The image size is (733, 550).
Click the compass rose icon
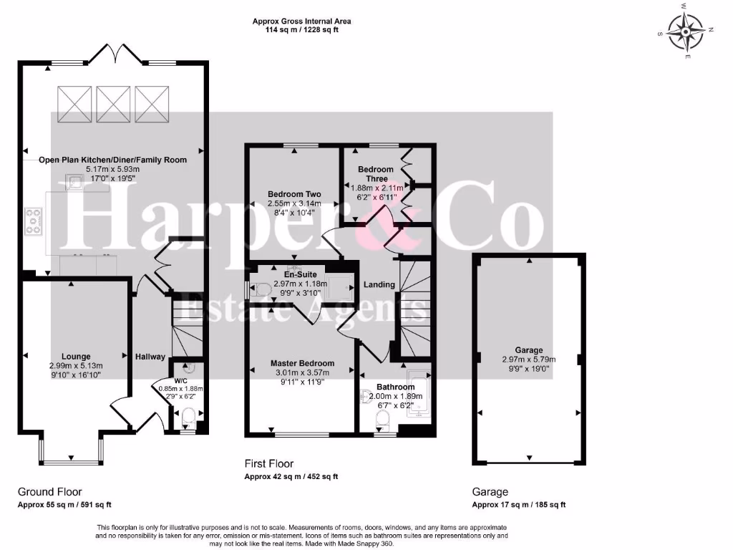point(686,31)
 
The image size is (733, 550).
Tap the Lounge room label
point(76,355)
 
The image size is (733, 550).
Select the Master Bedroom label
point(302,363)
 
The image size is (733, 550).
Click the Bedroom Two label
point(294,194)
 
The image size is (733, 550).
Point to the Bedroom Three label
point(377,174)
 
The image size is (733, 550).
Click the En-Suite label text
point(300,274)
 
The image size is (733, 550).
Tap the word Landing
point(379,284)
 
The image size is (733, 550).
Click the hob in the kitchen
point(34,221)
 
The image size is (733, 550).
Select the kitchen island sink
point(75,182)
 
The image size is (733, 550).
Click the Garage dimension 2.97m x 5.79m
point(529,360)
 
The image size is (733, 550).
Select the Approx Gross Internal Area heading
point(301,21)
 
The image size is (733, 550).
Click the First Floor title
point(269,464)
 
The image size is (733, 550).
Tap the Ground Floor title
point(49,492)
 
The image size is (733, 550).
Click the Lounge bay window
point(70,449)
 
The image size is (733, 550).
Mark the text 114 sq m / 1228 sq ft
point(301,31)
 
